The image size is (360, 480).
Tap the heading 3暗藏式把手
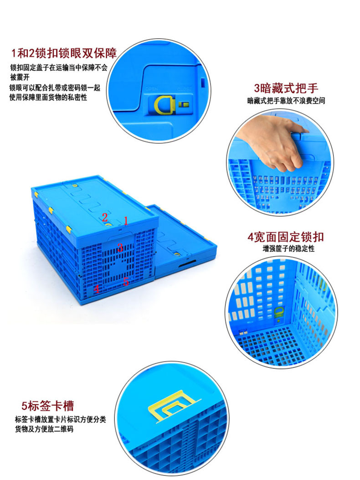click(x=286, y=88)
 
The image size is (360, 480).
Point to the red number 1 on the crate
click(x=126, y=221)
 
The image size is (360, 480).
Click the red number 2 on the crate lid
click(x=105, y=217)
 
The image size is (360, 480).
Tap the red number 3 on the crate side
click(x=120, y=248)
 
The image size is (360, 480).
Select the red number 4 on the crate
click(x=96, y=289)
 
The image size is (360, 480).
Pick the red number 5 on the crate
click(x=126, y=282)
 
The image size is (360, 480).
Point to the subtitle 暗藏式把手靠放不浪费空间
click(x=286, y=100)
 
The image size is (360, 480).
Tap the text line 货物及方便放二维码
click(x=44, y=429)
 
